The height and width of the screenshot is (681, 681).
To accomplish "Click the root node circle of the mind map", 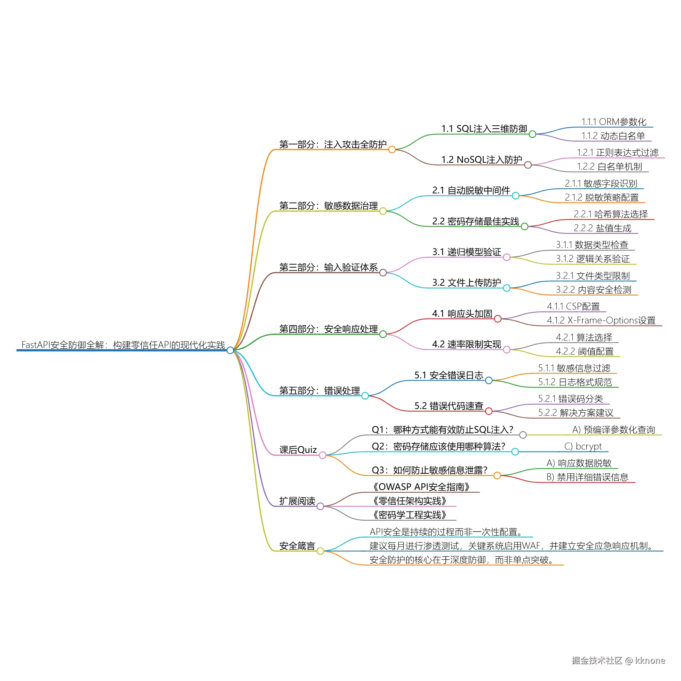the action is pyautogui.click(x=230, y=350).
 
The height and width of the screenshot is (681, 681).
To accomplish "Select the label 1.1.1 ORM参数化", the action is pyautogui.click(x=614, y=122).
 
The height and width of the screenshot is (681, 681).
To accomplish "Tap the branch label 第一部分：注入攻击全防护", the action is pyautogui.click(x=333, y=144).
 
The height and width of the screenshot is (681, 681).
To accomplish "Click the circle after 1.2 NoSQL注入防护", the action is pyautogui.click(x=528, y=165).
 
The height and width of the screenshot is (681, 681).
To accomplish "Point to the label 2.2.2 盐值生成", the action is pyautogui.click(x=602, y=228).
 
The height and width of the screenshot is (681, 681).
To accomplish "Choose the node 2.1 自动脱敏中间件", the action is pyautogui.click(x=471, y=190).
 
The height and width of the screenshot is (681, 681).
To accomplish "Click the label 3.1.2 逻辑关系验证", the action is pyautogui.click(x=593, y=259).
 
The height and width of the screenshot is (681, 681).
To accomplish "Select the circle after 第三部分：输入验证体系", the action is pyautogui.click(x=383, y=272).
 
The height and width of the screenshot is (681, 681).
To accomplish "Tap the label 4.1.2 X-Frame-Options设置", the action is pyautogui.click(x=601, y=320).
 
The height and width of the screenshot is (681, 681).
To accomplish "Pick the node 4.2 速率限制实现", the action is pyautogui.click(x=467, y=344).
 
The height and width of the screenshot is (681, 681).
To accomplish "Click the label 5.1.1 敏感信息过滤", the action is pyautogui.click(x=574, y=368).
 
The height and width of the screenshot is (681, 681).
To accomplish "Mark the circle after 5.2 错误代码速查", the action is pyautogui.click(x=489, y=411).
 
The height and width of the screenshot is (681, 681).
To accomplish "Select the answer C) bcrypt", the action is pyautogui.click(x=583, y=446).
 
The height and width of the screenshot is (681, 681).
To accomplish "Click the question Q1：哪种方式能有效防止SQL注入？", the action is pyautogui.click(x=443, y=430).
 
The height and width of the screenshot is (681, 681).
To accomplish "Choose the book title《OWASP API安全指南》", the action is pyautogui.click(x=422, y=487).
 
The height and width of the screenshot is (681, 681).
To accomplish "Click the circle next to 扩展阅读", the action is pyautogui.click(x=320, y=506).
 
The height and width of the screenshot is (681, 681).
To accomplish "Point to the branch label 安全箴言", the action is pyautogui.click(x=297, y=546).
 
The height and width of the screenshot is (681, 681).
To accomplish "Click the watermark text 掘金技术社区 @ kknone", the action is pyautogui.click(x=618, y=660).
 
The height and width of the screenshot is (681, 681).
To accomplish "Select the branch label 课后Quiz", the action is pyautogui.click(x=298, y=450).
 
